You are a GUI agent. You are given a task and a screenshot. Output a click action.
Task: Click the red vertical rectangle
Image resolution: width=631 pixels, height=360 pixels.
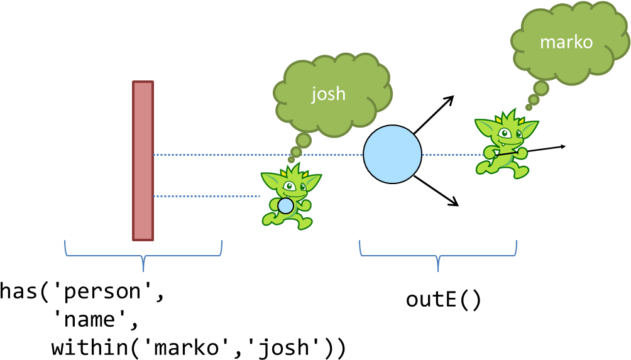(x=143, y=160)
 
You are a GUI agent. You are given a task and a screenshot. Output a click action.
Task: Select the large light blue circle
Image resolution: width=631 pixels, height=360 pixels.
(x=392, y=155)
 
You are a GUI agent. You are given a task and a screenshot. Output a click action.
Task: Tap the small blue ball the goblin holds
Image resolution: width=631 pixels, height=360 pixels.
(x=285, y=206)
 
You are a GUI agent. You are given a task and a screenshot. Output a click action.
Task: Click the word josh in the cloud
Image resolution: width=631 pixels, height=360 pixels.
(x=329, y=94)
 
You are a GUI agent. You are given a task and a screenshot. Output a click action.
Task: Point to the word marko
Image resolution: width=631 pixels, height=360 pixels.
(x=566, y=42)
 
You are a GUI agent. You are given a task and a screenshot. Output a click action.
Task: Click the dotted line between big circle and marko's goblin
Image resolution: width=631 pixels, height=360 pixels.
(x=447, y=155)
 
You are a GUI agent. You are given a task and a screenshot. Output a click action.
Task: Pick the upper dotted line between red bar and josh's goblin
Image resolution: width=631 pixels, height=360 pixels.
(x=214, y=155)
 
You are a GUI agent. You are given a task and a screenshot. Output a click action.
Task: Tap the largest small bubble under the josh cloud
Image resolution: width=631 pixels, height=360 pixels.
(x=304, y=140)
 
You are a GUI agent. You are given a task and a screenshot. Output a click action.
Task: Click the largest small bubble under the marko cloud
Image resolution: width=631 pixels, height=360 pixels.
(x=540, y=89)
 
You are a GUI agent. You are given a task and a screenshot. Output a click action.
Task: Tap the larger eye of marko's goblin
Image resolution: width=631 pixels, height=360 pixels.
(x=504, y=133)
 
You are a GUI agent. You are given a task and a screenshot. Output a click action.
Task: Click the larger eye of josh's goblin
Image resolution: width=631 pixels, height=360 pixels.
(x=290, y=186)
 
